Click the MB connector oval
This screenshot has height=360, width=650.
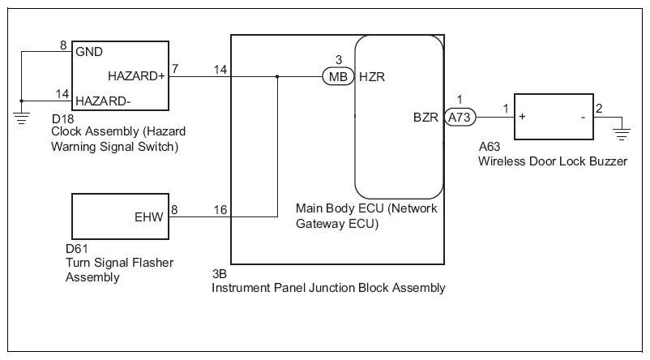point(338,77)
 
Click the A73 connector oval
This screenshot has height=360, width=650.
point(460,118)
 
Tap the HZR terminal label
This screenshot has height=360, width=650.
point(372,77)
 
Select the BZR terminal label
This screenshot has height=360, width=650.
point(425,118)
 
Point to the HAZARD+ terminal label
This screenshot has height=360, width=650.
point(136,76)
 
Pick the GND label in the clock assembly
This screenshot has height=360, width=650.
point(89,52)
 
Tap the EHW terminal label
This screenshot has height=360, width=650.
point(149,217)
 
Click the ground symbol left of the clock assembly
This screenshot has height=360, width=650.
point(21,117)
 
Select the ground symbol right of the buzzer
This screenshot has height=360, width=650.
point(622,134)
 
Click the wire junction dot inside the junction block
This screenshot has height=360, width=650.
point(277,77)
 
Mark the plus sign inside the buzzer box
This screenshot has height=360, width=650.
point(522,117)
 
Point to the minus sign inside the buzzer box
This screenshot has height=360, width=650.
point(584,118)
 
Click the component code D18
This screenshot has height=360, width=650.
point(62,118)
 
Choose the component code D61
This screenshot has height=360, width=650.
point(77,249)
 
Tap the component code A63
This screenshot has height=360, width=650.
point(490,147)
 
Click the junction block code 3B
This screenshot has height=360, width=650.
point(220,274)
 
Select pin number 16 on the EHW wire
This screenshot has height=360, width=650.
point(220,210)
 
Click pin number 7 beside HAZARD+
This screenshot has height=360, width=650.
point(175,68)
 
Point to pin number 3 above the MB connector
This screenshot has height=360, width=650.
point(339,60)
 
